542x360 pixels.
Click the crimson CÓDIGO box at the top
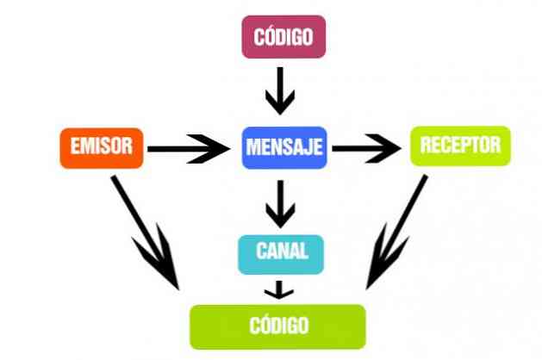point(283,37)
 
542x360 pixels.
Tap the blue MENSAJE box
point(283,147)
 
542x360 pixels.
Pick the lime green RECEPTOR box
point(460,146)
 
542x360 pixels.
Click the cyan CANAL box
point(282,252)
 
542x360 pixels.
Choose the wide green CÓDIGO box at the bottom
point(277,326)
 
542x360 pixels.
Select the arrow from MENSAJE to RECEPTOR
point(368,148)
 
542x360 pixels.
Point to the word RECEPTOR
point(460,146)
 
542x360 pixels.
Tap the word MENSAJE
point(283,147)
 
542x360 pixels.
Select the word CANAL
point(282,252)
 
